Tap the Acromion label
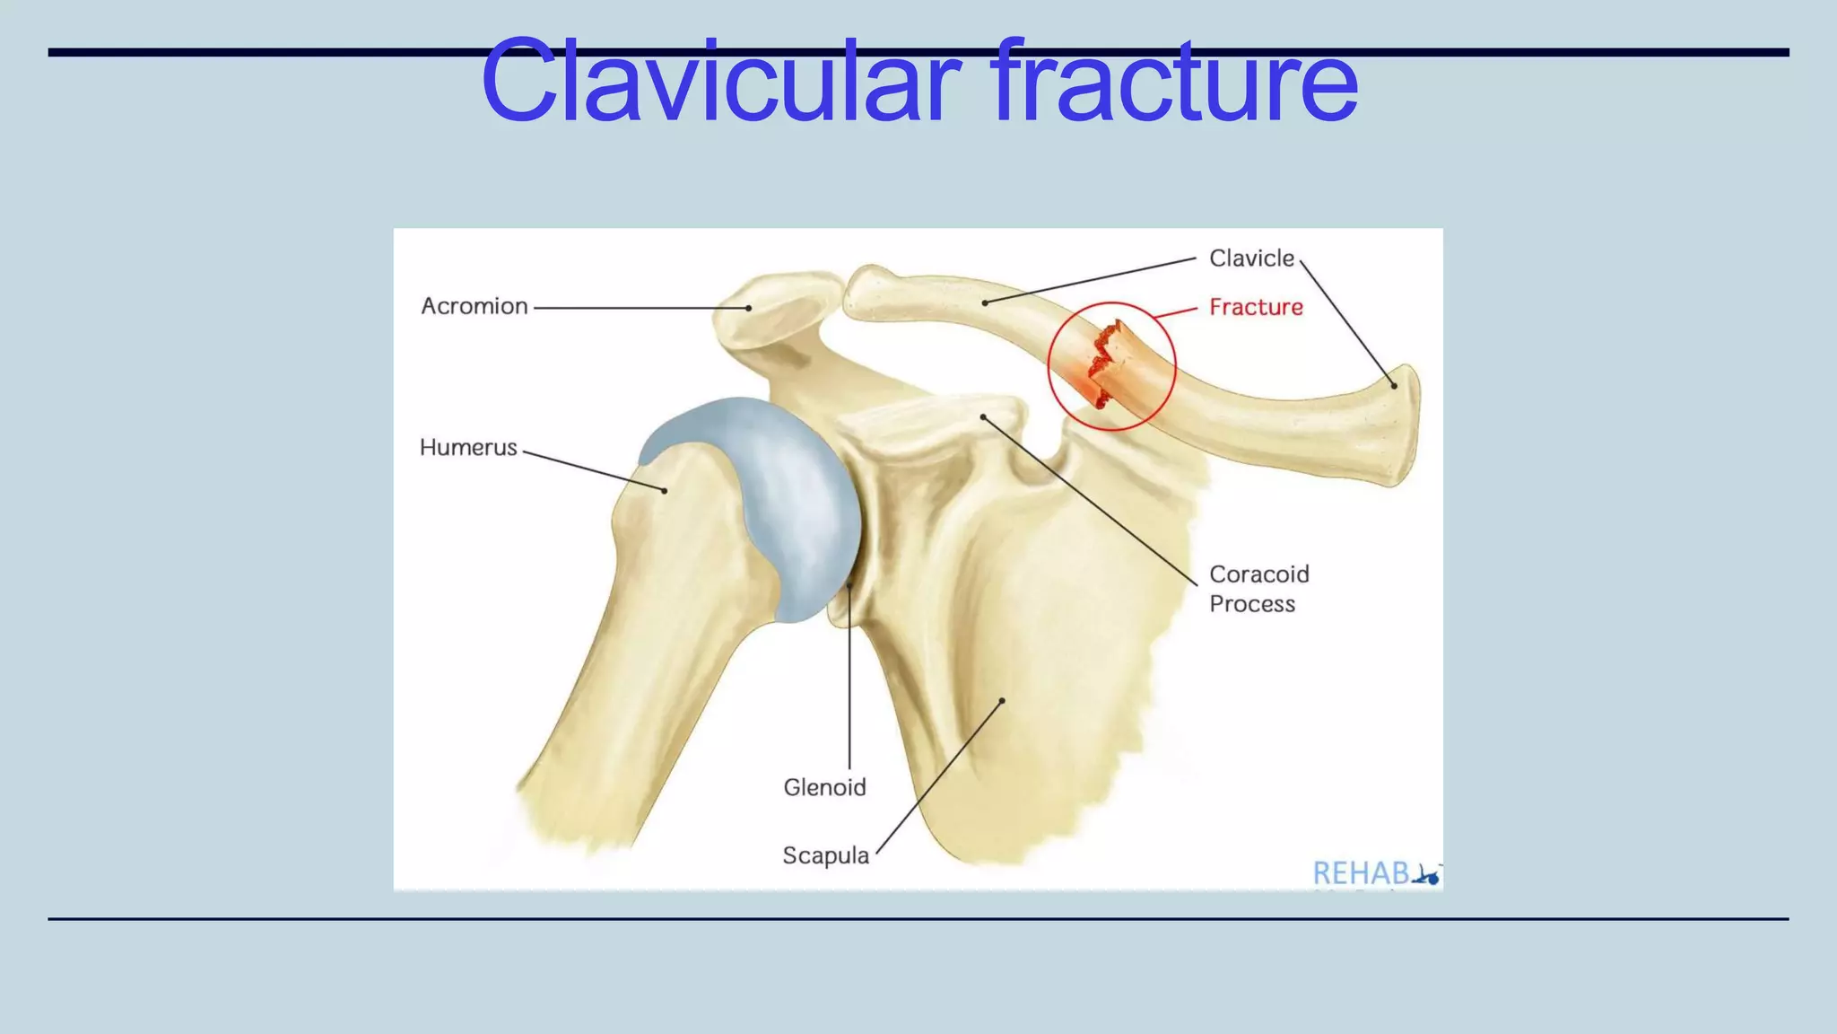pos(474,307)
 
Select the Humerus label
pos(468,448)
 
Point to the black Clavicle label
pos(1251,258)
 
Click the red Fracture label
pos(1256,307)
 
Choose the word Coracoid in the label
pos(1259,574)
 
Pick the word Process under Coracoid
pos(1252,604)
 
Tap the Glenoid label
pos(824,788)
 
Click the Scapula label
pos(825,856)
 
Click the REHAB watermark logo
pos(1374,872)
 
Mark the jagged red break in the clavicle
pos(1103,359)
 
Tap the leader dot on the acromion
pos(749,308)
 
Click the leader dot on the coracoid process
pos(983,417)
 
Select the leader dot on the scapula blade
pos(1003,700)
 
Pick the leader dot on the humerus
pos(665,491)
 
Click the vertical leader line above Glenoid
pos(849,682)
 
